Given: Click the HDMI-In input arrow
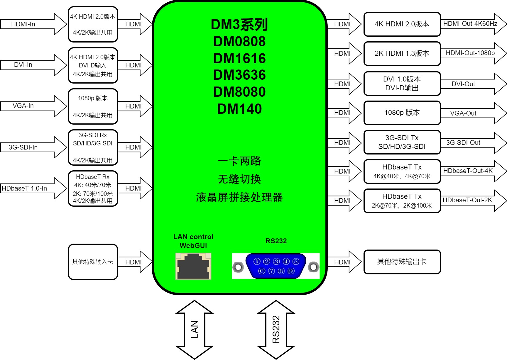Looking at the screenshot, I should coord(32,24).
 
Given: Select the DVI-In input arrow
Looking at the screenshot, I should coord(32,65).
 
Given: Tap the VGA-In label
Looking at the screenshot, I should coord(23,106).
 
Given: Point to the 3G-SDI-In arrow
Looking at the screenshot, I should coord(32,147).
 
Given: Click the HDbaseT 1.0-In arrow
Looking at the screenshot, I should coord(32,188).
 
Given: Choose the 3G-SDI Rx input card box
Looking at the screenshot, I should coord(93,147).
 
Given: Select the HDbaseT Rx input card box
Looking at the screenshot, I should coord(93,189).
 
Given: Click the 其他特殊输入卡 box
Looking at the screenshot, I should coord(93,262).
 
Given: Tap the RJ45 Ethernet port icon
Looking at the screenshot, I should coord(193,266).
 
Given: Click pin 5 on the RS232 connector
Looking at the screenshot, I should coord(296,261).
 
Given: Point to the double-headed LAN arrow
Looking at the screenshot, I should coord(194,330).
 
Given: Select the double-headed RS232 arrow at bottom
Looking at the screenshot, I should coord(276,330).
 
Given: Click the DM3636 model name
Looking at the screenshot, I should coord(239,75).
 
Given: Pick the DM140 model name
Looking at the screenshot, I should coord(239,109).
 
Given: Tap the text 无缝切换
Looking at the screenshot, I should coord(239,179).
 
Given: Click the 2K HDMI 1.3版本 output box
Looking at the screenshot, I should coord(402,53).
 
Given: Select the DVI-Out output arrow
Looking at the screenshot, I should coord(472,84).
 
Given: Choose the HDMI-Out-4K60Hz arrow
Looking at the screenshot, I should coord(472,24).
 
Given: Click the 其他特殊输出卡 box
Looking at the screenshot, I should coord(402,262).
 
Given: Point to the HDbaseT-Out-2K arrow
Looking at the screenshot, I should coord(472,201).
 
